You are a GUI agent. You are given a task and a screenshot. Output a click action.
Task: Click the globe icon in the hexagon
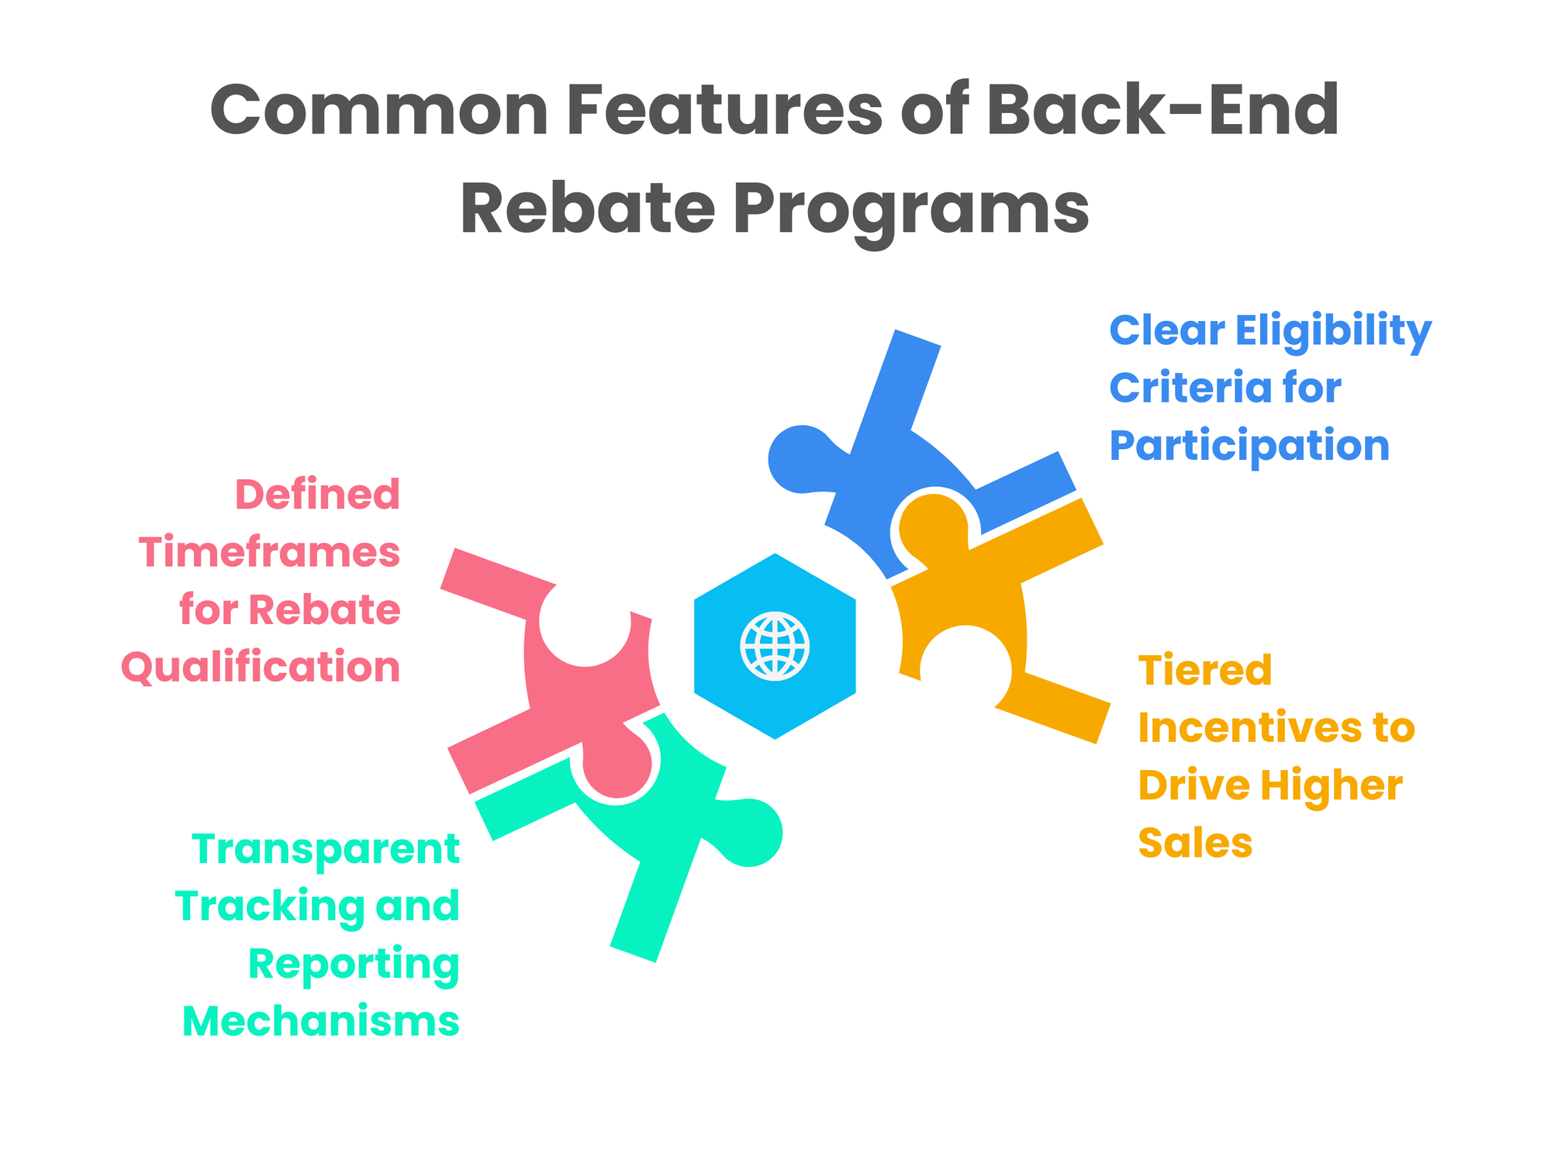pyautogui.click(x=775, y=646)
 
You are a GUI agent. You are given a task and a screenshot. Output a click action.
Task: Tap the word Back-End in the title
pyautogui.click(x=1162, y=111)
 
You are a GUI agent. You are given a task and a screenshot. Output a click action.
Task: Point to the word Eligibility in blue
pyautogui.click(x=1333, y=332)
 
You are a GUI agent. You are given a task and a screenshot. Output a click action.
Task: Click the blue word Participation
pyautogui.click(x=1249, y=445)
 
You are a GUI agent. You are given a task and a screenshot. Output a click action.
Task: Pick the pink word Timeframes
pyautogui.click(x=270, y=552)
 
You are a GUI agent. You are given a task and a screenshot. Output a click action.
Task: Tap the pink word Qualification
pyautogui.click(x=261, y=667)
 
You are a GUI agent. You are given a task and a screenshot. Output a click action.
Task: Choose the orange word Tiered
pyautogui.click(x=1205, y=670)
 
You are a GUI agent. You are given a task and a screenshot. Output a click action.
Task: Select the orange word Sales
pyautogui.click(x=1195, y=842)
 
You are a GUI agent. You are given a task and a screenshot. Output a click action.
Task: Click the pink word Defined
pyautogui.click(x=318, y=495)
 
